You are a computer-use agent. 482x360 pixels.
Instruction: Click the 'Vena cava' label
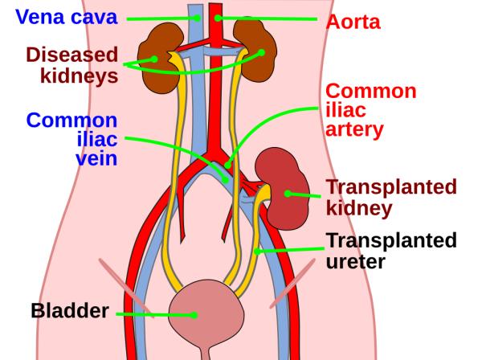59,17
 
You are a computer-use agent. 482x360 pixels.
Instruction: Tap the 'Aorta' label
353,22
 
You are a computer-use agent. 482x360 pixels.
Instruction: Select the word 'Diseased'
71,55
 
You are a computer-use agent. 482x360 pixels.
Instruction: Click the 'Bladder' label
70,310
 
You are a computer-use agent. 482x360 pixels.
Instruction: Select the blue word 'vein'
95,158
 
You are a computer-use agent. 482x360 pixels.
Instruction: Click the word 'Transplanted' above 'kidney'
390,188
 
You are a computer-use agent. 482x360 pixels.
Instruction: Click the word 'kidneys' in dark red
79,76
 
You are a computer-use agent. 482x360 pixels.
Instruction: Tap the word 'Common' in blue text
71,121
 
